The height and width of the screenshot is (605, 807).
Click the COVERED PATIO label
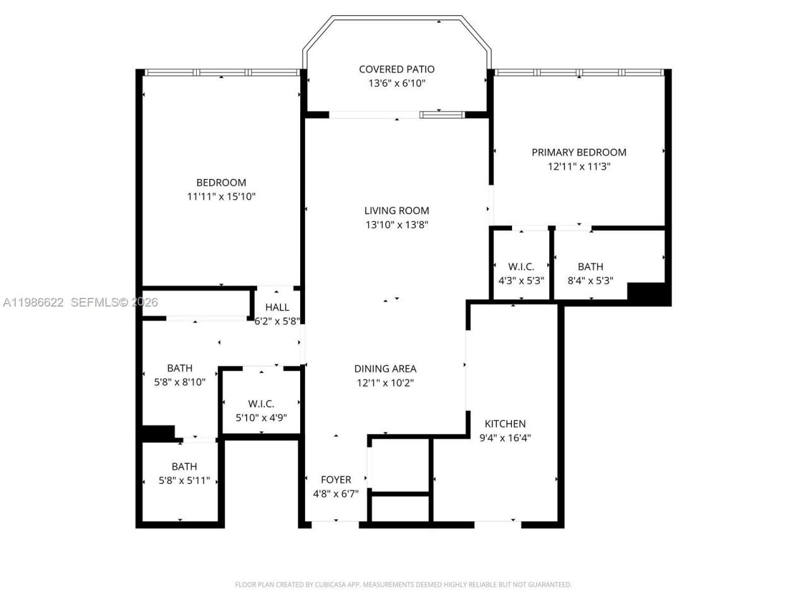click(x=397, y=69)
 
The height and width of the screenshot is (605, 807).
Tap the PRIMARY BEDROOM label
click(x=579, y=152)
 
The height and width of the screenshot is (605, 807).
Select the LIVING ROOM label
click(x=397, y=210)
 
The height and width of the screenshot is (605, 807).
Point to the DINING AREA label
click(x=385, y=369)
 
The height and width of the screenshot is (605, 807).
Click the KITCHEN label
click(x=505, y=423)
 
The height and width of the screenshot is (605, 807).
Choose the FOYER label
click(x=335, y=480)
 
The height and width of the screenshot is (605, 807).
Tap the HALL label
click(x=277, y=307)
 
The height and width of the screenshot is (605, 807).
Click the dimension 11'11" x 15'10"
click(x=221, y=197)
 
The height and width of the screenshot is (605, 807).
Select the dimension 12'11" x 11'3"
click(x=579, y=166)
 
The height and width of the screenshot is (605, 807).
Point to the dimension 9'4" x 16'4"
click(x=505, y=438)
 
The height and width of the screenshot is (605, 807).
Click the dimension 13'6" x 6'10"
click(x=397, y=83)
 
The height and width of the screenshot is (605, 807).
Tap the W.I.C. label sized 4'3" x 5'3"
click(x=521, y=267)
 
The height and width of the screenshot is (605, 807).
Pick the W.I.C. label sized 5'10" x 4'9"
click(x=261, y=403)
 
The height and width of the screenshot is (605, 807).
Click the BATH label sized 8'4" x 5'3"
click(x=590, y=267)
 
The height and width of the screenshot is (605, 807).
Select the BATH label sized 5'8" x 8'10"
click(x=180, y=368)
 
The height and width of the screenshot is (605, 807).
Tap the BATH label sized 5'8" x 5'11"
click(x=184, y=466)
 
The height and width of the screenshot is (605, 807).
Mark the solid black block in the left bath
click(x=157, y=434)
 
